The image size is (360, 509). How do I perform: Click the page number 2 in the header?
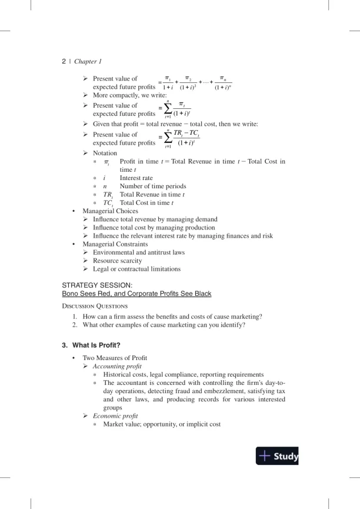[64, 61]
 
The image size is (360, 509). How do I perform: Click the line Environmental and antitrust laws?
[139, 252]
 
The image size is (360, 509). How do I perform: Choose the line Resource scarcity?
[117, 260]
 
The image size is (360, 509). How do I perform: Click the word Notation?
[105, 153]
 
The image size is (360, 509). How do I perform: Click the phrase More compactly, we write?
[129, 95]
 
